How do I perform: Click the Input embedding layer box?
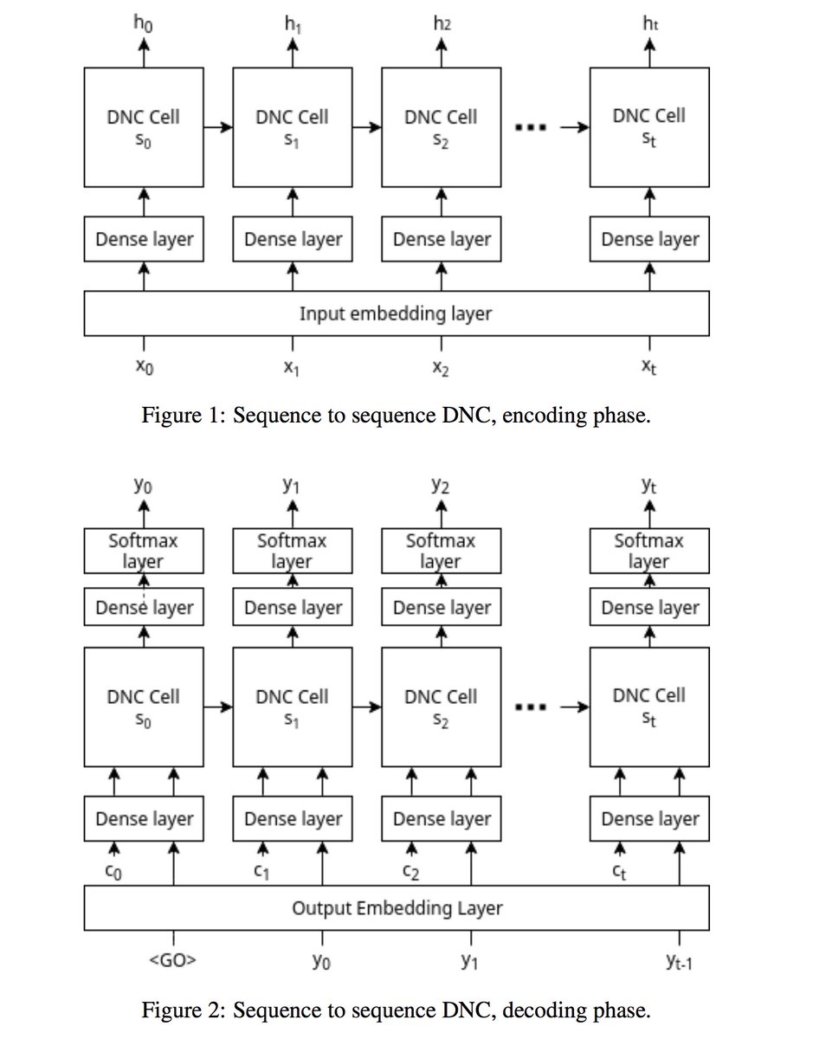(x=396, y=313)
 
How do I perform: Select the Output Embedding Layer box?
(x=396, y=908)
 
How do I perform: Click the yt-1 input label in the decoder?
(x=680, y=962)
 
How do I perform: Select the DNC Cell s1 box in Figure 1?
(x=293, y=128)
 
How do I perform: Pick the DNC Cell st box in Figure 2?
(x=649, y=707)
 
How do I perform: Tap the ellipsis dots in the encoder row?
(x=531, y=128)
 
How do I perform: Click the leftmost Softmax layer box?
(x=144, y=551)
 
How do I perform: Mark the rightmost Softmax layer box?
(x=649, y=551)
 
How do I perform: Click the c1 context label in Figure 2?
(x=261, y=872)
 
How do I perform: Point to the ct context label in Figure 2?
(x=618, y=872)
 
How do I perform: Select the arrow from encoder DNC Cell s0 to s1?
(x=218, y=128)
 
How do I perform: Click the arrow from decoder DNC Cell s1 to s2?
(x=367, y=707)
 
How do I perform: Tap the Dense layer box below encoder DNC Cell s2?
(x=442, y=240)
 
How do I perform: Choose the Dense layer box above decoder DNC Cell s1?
(x=293, y=608)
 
